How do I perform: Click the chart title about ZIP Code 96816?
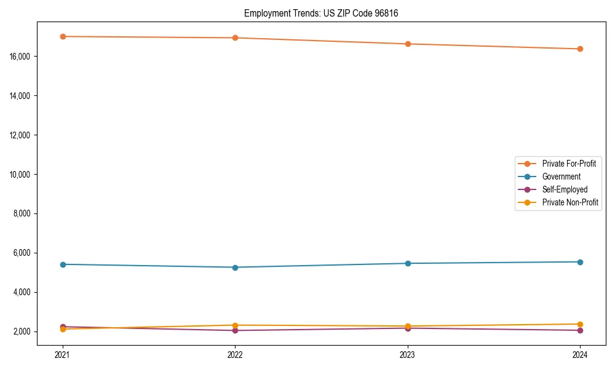(321, 13)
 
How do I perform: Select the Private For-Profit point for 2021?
(63, 36)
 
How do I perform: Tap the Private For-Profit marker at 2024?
(580, 49)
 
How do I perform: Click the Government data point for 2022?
(235, 268)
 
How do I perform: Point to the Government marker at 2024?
(580, 262)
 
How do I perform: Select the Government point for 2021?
(63, 264)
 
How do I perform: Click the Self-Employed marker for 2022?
(235, 330)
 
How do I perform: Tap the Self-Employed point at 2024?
(580, 330)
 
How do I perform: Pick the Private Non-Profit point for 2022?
(235, 325)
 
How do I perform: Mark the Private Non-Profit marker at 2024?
(580, 324)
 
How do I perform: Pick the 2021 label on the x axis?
(63, 354)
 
